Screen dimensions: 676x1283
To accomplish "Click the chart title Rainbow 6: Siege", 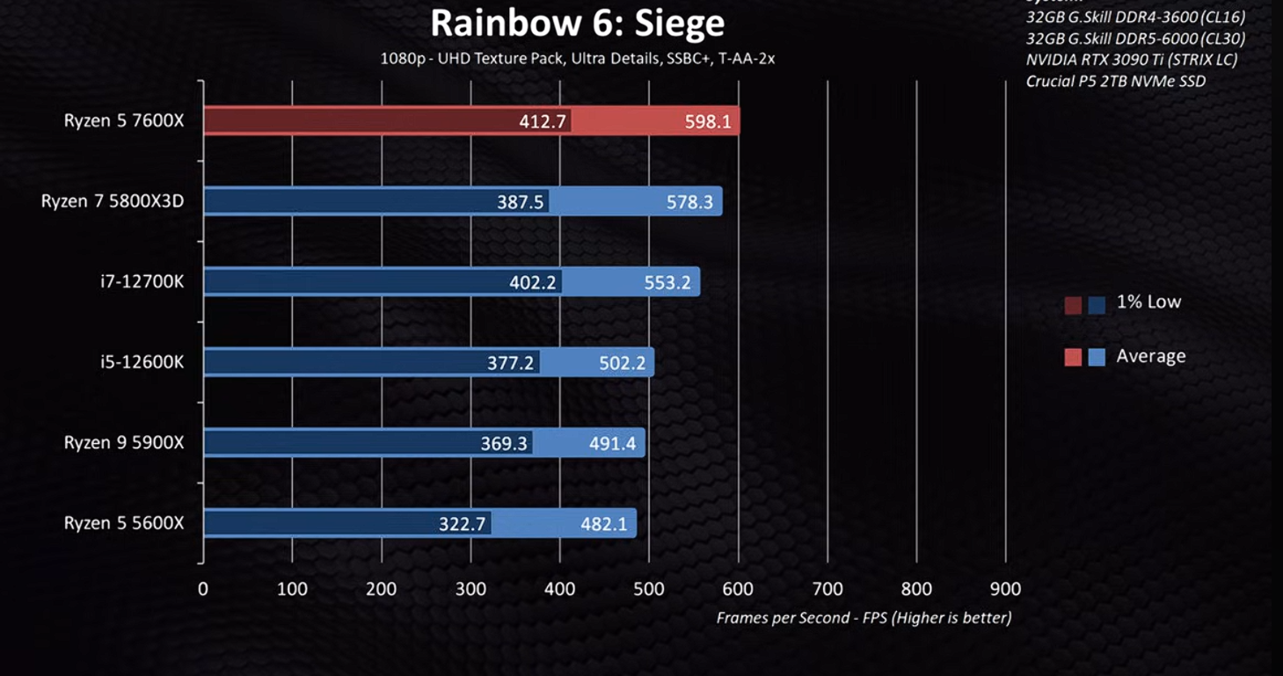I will tap(577, 24).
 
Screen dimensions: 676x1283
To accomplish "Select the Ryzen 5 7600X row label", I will tap(124, 121).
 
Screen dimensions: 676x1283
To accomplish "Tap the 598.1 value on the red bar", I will tap(708, 122).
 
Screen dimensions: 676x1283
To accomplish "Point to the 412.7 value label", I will tap(543, 122).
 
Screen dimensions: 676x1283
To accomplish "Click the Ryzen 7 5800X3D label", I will tap(113, 201).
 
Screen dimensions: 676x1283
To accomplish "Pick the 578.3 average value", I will tap(689, 202).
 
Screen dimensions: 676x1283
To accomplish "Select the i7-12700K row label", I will tap(142, 281).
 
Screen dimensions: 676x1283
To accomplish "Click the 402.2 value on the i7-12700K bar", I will tap(533, 283).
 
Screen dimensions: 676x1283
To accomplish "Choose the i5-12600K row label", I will tap(142, 361).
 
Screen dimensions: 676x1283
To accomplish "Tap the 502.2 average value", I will tap(623, 363).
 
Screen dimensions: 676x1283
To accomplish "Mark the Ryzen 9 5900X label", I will tap(124, 442).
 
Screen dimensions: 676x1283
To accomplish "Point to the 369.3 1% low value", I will tap(504, 444).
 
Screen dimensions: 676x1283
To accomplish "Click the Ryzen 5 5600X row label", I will tap(124, 523).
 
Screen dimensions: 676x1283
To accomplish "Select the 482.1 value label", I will tap(604, 525).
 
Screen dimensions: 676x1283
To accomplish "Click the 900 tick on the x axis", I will tap(1005, 589).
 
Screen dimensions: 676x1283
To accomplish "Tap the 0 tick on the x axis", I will tap(203, 589).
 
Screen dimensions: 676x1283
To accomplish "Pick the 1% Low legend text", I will tap(1148, 302).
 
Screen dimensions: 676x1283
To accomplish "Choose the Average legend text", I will tap(1150, 356).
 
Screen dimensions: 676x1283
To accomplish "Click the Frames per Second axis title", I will tap(864, 618).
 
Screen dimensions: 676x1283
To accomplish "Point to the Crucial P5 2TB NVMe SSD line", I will tap(1115, 81).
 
